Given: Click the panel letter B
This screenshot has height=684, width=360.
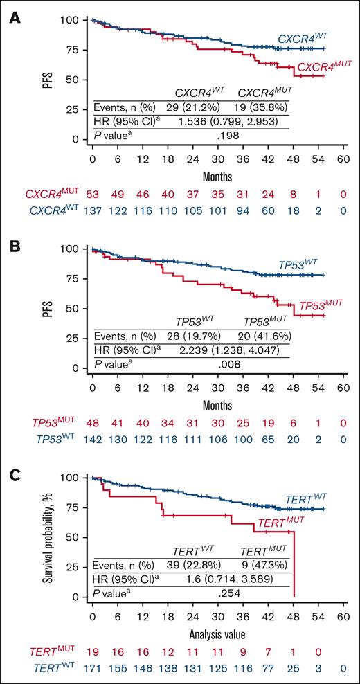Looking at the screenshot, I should pyautogui.click(x=12, y=237).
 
